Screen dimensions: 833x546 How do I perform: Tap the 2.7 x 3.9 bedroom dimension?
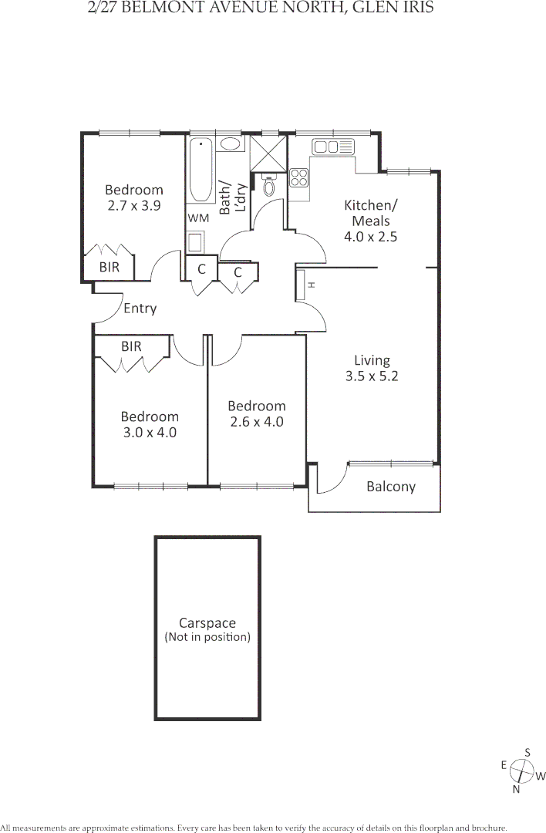(x=134, y=206)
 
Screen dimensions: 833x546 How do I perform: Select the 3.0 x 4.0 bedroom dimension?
(x=150, y=433)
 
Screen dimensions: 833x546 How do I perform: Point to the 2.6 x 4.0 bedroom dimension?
(x=257, y=422)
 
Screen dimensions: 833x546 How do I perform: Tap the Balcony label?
(x=391, y=487)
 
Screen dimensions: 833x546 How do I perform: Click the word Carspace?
(x=207, y=623)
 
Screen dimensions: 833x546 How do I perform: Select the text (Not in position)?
(x=207, y=637)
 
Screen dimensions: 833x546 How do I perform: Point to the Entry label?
(x=140, y=309)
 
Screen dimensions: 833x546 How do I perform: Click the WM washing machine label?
(x=198, y=218)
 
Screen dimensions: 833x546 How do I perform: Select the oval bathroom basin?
(x=231, y=144)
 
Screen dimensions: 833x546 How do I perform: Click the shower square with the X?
(x=269, y=153)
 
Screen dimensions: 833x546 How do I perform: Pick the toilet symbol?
(x=269, y=186)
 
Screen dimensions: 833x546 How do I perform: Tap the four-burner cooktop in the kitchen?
(x=299, y=178)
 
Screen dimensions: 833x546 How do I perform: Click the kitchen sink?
(x=327, y=147)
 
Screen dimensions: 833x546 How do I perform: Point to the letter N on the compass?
(x=517, y=789)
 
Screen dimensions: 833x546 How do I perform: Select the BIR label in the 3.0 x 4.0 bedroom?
(x=132, y=347)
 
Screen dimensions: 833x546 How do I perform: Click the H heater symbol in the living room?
(x=311, y=285)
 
